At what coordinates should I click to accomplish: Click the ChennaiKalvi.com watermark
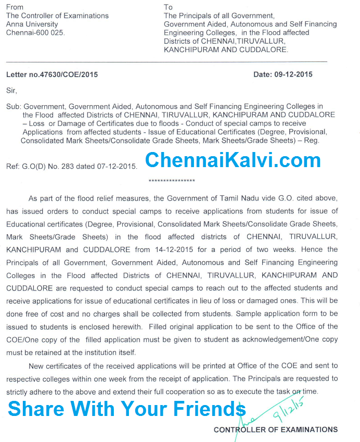pyautogui.click(x=233, y=160)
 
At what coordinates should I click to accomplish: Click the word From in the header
pyautogui.click(x=15, y=7)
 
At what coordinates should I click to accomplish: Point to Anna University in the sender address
pyautogui.click(x=32, y=24)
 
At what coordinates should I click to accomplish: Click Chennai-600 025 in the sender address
pyautogui.click(x=35, y=32)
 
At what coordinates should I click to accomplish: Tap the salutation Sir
pyautogui.click(x=11, y=90)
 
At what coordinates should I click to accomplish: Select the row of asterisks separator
pyautogui.click(x=172, y=181)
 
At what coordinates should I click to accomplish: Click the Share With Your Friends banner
pyautogui.click(x=126, y=409)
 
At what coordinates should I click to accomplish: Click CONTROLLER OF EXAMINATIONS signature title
pyautogui.click(x=276, y=430)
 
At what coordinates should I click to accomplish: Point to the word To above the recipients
pyautogui.click(x=168, y=7)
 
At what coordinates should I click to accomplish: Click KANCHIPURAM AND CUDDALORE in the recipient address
pyautogui.click(x=226, y=49)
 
